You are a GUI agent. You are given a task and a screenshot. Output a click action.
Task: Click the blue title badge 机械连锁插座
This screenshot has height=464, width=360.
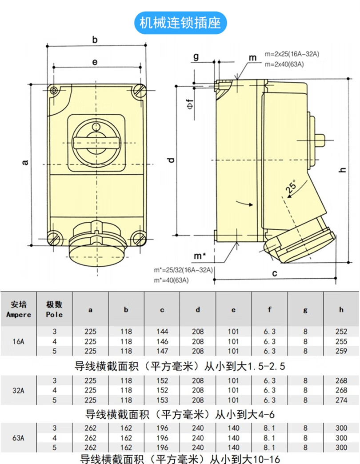(180, 23)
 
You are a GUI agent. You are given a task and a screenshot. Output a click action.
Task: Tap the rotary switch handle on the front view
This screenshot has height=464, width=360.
(97, 143)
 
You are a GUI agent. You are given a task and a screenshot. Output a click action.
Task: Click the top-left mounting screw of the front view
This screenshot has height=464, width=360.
(53, 90)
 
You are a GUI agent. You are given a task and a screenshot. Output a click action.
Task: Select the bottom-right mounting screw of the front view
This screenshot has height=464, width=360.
(138, 238)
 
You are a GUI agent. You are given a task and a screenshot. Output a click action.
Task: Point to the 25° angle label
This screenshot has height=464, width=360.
(291, 186)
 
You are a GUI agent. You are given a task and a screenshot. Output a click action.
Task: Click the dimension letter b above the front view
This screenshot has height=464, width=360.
(95, 40)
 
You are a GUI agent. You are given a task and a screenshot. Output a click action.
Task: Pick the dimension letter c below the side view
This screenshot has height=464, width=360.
(275, 273)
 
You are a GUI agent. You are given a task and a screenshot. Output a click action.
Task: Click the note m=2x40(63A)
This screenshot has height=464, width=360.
(284, 64)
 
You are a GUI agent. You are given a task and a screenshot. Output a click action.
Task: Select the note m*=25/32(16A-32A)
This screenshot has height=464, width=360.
(184, 270)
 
